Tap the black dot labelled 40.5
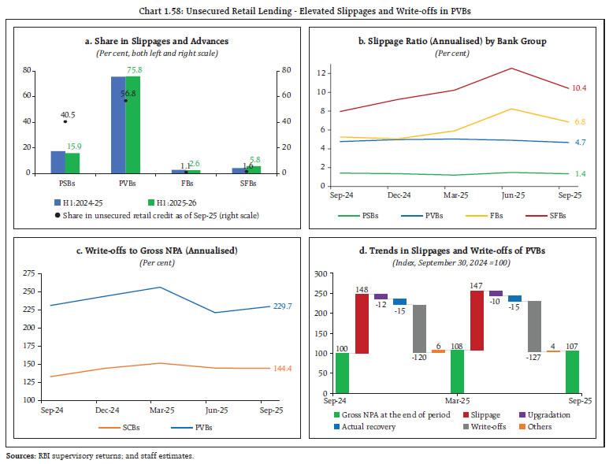pyautogui.click(x=65, y=121)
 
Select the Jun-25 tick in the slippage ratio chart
pyautogui.click(x=511, y=193)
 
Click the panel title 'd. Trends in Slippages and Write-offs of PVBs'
pyautogui.click(x=457, y=250)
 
